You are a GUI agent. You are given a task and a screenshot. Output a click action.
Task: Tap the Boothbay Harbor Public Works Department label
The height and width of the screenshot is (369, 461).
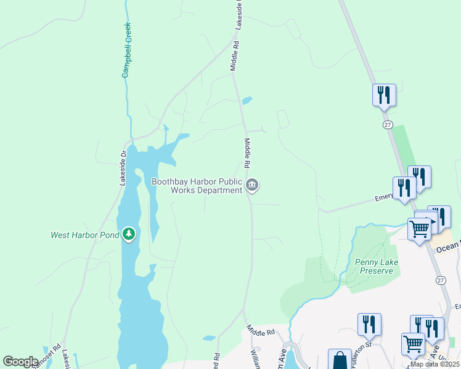(197, 186)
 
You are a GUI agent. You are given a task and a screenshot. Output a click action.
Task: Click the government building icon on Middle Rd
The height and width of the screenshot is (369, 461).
(252, 184)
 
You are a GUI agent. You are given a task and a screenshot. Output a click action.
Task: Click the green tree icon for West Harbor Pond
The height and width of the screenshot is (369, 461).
(128, 234)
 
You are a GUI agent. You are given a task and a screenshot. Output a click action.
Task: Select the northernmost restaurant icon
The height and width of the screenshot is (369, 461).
(384, 95)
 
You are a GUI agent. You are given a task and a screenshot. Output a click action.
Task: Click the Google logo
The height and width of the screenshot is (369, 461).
(20, 361)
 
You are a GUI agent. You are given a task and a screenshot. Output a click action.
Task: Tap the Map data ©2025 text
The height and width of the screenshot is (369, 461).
(434, 364)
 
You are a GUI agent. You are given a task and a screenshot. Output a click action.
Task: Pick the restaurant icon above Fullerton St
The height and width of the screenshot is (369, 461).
(369, 324)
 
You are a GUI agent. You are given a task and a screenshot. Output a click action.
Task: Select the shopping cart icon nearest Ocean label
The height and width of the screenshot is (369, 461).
(420, 229)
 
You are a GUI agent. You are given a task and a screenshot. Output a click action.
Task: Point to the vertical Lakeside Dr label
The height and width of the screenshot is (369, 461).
(123, 168)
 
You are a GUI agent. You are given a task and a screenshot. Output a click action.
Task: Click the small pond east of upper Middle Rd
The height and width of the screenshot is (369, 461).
(247, 100)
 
